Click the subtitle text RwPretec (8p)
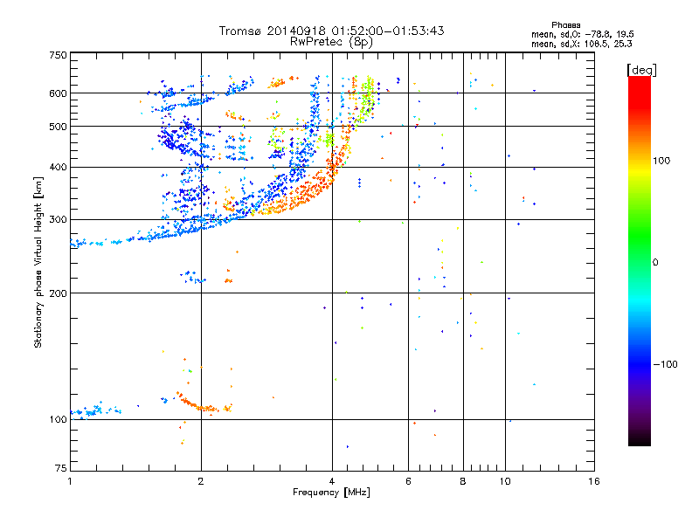tap(331, 42)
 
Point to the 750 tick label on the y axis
tap(58, 55)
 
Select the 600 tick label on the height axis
tap(58, 93)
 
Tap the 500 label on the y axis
tap(58, 127)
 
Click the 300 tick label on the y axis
tap(58, 220)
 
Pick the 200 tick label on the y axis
tap(58, 293)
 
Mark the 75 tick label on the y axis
tap(61, 468)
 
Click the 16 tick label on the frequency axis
tap(594, 481)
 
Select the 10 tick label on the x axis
tap(505, 481)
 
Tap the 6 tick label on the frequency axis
tap(408, 481)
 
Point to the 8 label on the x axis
tap(463, 481)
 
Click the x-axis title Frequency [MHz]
tap(331, 493)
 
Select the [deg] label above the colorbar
tap(641, 70)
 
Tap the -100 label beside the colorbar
tap(666, 364)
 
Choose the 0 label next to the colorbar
tap(655, 262)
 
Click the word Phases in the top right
tap(565, 25)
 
